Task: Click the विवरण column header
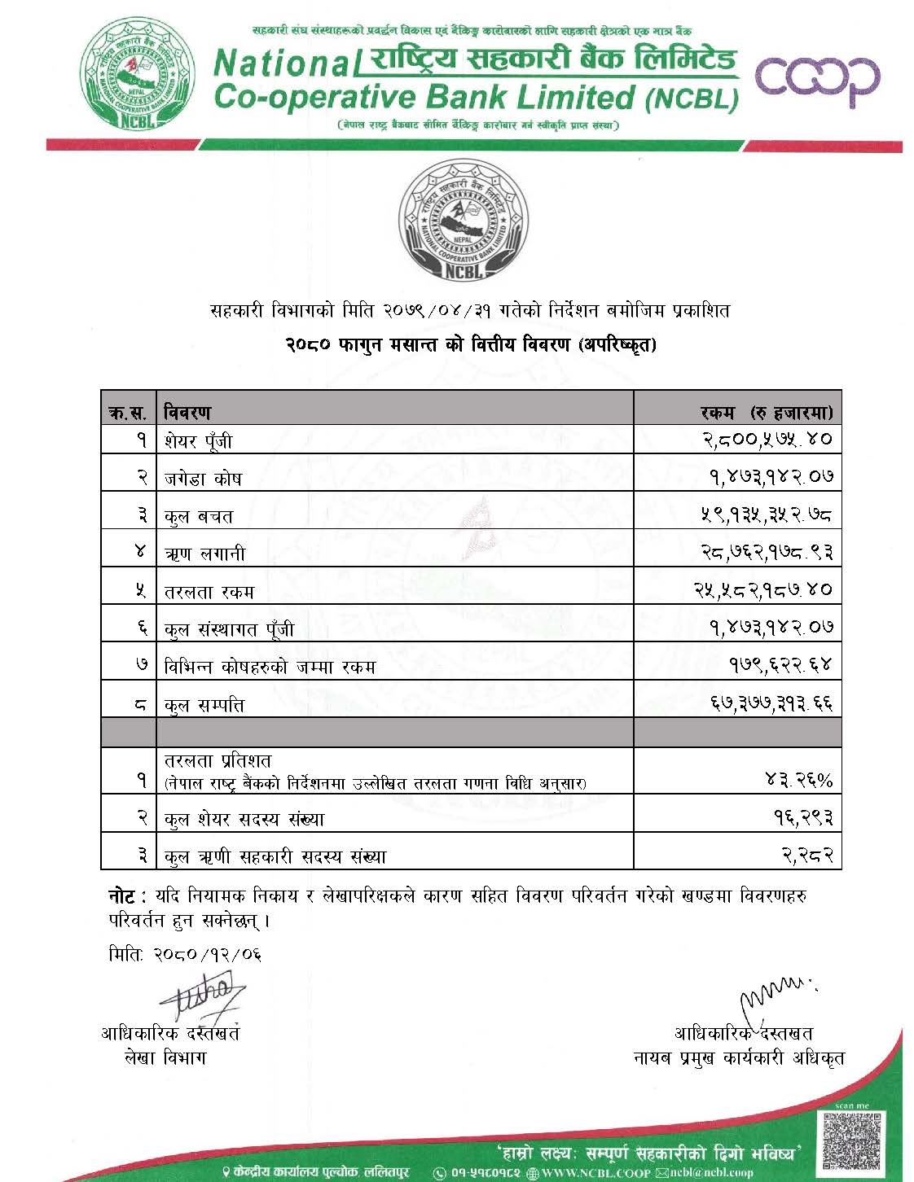[x=187, y=412]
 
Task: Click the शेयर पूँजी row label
[x=198, y=441]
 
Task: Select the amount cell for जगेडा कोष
[x=770, y=478]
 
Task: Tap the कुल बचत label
[x=199, y=516]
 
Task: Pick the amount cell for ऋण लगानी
[x=767, y=554]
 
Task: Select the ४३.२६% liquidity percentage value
[x=799, y=781]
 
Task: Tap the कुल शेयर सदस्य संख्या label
[x=244, y=819]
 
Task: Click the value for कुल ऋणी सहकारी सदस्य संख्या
[x=807, y=856]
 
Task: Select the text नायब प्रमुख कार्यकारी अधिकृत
[x=739, y=1058]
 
